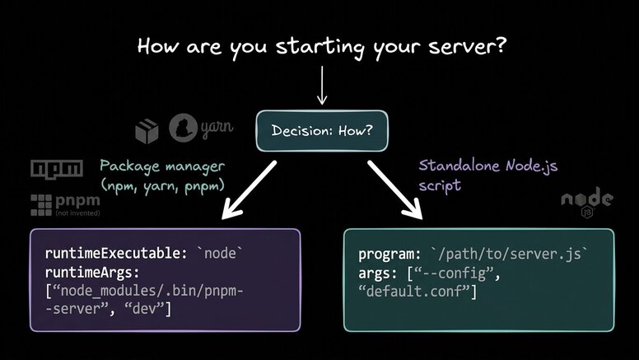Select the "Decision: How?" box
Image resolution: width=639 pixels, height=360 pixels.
click(321, 130)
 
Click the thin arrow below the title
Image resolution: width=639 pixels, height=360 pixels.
click(321, 85)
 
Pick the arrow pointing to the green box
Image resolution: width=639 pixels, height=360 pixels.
click(394, 190)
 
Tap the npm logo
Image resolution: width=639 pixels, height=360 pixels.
click(56, 169)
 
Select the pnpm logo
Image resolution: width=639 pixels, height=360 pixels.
click(66, 202)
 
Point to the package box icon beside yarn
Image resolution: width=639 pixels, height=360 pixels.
click(147, 130)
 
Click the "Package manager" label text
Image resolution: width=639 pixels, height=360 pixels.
click(161, 165)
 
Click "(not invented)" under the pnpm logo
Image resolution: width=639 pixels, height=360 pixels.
click(77, 213)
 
